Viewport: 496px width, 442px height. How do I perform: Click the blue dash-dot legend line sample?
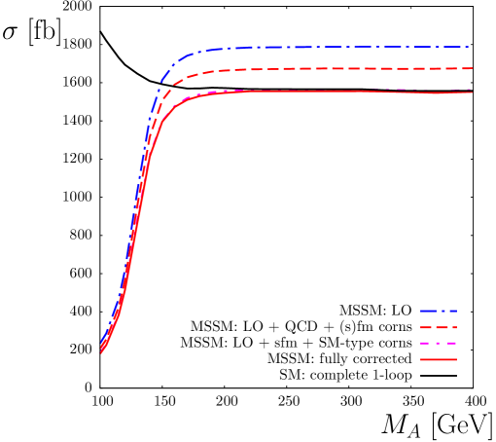pyautogui.click(x=438, y=312)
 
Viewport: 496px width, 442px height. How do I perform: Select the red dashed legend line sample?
pyautogui.click(x=438, y=328)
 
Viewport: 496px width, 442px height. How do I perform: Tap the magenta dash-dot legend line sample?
pyautogui.click(x=438, y=344)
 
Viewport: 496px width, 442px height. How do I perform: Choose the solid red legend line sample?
pyautogui.click(x=438, y=360)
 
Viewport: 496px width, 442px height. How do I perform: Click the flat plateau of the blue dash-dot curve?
pyautogui.click(x=340, y=47)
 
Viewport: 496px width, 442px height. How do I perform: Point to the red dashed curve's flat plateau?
pyautogui.click(x=340, y=69)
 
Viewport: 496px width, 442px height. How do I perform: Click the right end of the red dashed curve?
pyautogui.click(x=472, y=69)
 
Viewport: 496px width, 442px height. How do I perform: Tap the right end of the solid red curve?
pyautogui.click(x=472, y=92)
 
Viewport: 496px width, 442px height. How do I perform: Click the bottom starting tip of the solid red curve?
pyautogui.click(x=101, y=352)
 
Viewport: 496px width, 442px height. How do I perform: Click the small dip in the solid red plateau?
pyautogui.click(x=435, y=94)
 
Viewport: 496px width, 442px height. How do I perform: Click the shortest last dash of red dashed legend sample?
pyautogui.click(x=453, y=328)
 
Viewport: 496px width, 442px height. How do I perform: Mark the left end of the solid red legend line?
pyautogui.click(x=421, y=360)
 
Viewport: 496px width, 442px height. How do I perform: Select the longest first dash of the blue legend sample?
pyautogui.click(x=427, y=312)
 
